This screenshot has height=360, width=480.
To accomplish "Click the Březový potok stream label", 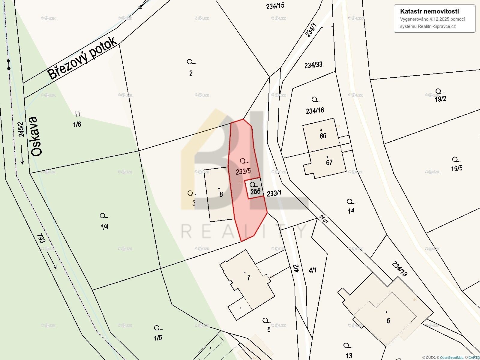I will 82,58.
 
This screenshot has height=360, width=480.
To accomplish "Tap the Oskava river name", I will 35,136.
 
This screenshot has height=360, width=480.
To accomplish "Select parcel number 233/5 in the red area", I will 243,171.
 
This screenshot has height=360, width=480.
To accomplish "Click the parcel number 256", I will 255,191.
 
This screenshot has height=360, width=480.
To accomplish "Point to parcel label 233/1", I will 274,193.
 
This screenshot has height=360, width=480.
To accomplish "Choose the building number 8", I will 221,194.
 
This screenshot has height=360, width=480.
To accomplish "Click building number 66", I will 323,136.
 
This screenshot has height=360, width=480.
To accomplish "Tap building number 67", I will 329,163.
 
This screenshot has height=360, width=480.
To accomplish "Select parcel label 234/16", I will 315,111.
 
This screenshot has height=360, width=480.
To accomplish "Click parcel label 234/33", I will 313,65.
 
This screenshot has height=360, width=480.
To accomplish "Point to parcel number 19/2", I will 440,99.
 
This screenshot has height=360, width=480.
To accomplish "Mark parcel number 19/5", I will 457,168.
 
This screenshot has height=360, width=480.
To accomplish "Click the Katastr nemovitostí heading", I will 429,11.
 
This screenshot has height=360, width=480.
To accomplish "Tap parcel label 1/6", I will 77,124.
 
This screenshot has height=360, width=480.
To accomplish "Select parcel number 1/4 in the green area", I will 104,227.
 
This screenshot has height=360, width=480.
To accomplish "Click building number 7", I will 248,278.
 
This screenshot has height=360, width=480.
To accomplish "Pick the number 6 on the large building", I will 388,321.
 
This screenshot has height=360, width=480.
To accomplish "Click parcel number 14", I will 351,211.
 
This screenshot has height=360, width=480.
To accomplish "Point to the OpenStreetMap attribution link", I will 451,357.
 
